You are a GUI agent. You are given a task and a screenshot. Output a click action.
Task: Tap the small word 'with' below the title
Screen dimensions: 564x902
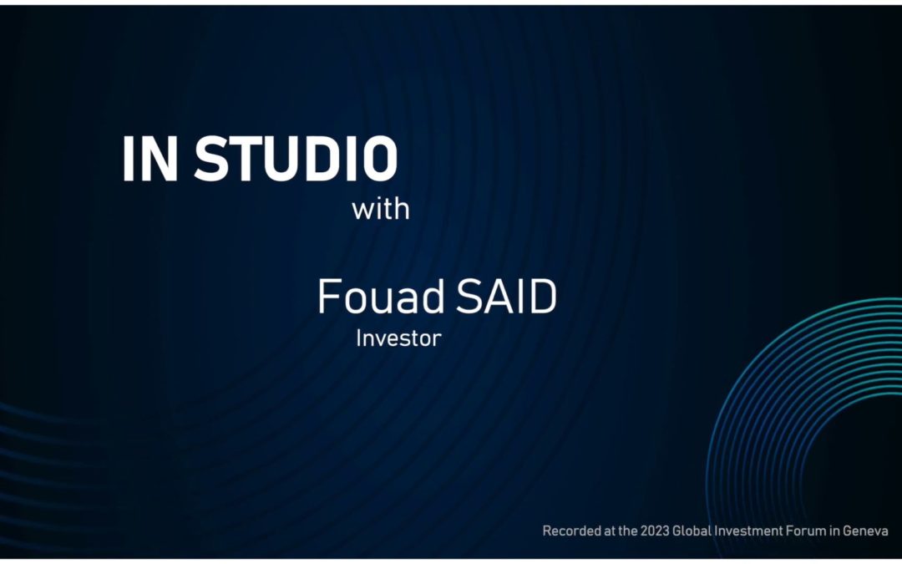381,208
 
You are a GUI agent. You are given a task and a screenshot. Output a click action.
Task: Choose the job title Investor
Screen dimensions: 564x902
398,339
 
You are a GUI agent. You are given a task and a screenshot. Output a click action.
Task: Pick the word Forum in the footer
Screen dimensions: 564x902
814,531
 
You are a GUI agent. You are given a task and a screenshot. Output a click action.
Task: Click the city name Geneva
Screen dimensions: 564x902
869,531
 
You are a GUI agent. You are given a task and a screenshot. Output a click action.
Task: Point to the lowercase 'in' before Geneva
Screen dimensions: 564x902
841,531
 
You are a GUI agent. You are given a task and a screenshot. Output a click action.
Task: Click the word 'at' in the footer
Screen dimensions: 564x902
611,531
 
